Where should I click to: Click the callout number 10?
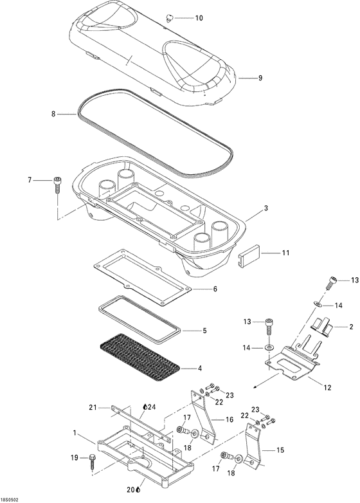pyautogui.click(x=199, y=18)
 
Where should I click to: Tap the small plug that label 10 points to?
pyautogui.click(x=170, y=16)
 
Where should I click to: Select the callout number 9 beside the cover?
pyautogui.click(x=260, y=78)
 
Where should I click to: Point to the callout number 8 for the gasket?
pyautogui.click(x=53, y=114)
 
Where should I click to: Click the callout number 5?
pyautogui.click(x=204, y=331)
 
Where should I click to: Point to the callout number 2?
pyautogui.click(x=351, y=327)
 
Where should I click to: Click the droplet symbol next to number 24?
pyautogui.click(x=145, y=407)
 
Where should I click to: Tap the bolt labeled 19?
pyautogui.click(x=92, y=459)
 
